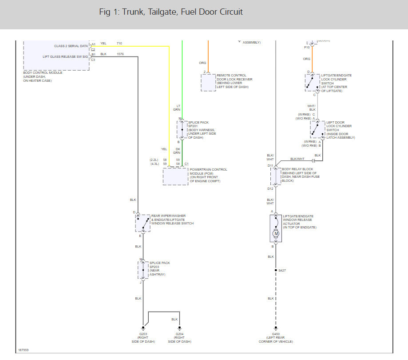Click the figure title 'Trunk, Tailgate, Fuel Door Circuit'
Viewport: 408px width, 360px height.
171,12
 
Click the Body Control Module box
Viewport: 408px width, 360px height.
56,55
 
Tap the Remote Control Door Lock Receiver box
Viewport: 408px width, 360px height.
208,83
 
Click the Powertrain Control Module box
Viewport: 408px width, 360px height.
175,176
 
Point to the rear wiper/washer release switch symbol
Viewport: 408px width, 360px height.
143,223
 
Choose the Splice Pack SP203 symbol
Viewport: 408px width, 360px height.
143,270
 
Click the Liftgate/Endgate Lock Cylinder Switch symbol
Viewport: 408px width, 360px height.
312,82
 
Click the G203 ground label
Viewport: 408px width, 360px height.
143,334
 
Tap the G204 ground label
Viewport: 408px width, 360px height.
179,334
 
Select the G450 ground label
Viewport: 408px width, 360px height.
276,334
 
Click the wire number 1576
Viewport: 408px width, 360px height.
120,54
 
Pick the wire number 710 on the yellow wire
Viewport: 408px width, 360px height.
119,43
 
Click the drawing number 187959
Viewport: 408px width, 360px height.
24,350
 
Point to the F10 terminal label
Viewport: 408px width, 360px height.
307,47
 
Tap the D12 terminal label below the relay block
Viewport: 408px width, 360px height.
270,188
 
